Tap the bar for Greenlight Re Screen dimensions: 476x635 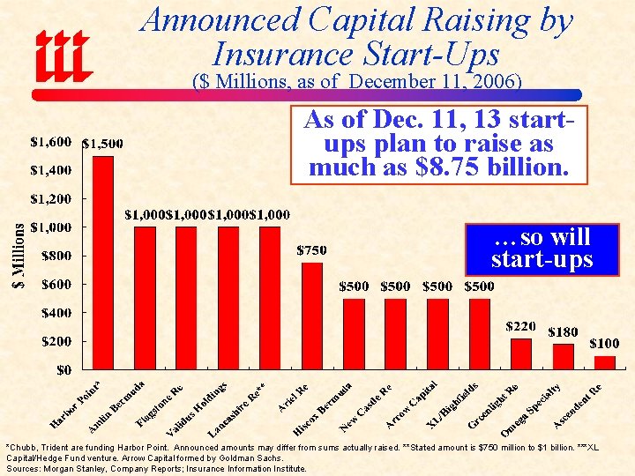tap(521, 353)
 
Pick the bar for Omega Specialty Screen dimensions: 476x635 tap(563, 356)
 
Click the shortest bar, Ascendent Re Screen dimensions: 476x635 tap(605, 362)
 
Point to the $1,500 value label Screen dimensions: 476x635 tap(102, 144)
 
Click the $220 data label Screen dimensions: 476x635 tap(521, 326)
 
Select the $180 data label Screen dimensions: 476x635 tap(563, 332)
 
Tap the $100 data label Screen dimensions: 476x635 tap(604, 343)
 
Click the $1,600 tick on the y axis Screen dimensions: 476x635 tap(51, 141)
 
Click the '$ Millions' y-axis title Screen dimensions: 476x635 tap(21, 254)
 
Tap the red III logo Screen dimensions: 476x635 tap(63, 56)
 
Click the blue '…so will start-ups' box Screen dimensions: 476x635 tap(542, 249)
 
